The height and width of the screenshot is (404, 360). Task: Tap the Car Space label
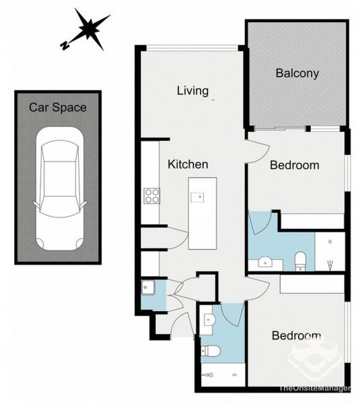click(57, 106)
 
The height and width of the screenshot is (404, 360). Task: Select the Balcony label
click(297, 73)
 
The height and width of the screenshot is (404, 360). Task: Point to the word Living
click(192, 91)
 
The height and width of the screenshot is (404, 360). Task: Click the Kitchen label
click(188, 164)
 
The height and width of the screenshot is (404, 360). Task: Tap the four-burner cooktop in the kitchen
click(152, 195)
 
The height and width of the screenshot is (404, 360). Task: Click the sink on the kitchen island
click(197, 197)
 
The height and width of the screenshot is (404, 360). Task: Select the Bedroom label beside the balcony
click(293, 165)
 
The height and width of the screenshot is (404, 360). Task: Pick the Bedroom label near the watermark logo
click(295, 336)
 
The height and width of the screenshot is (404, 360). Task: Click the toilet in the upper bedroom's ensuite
click(300, 259)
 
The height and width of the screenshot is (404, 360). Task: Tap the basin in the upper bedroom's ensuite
click(264, 261)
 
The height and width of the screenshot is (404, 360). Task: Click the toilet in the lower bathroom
click(211, 350)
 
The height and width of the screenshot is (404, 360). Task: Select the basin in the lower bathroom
click(207, 321)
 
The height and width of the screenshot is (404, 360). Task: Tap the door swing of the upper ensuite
click(260, 222)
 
